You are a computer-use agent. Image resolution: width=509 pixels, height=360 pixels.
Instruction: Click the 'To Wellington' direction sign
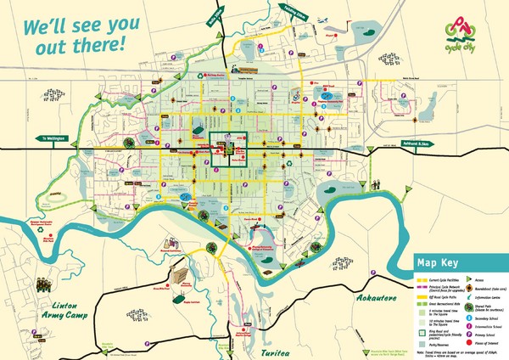click(53, 136)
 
